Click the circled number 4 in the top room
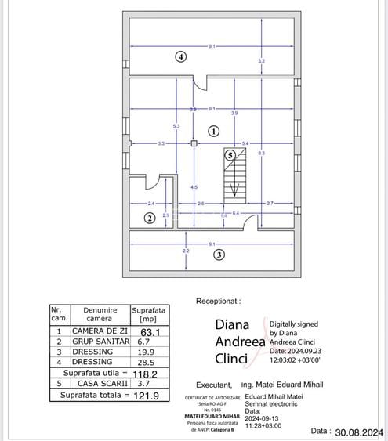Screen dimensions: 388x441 pos(180,56)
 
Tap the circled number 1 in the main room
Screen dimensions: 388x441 pos(213,132)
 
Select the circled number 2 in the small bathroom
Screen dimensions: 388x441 pos(149,218)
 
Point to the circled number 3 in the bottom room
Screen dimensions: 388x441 pos(219,255)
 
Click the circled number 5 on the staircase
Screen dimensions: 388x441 pos(230,155)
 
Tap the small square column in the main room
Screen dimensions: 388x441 pos(194,143)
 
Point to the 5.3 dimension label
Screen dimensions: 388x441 pos(176,126)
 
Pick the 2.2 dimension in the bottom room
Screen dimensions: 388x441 pos(186,251)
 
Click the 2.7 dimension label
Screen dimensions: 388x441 pos(270,204)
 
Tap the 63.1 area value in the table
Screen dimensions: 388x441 pos(149,331)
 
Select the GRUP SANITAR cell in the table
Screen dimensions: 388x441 pos(100,342)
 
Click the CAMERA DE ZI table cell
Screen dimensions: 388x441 pos(100,331)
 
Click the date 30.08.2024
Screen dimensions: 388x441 pos(358,432)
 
